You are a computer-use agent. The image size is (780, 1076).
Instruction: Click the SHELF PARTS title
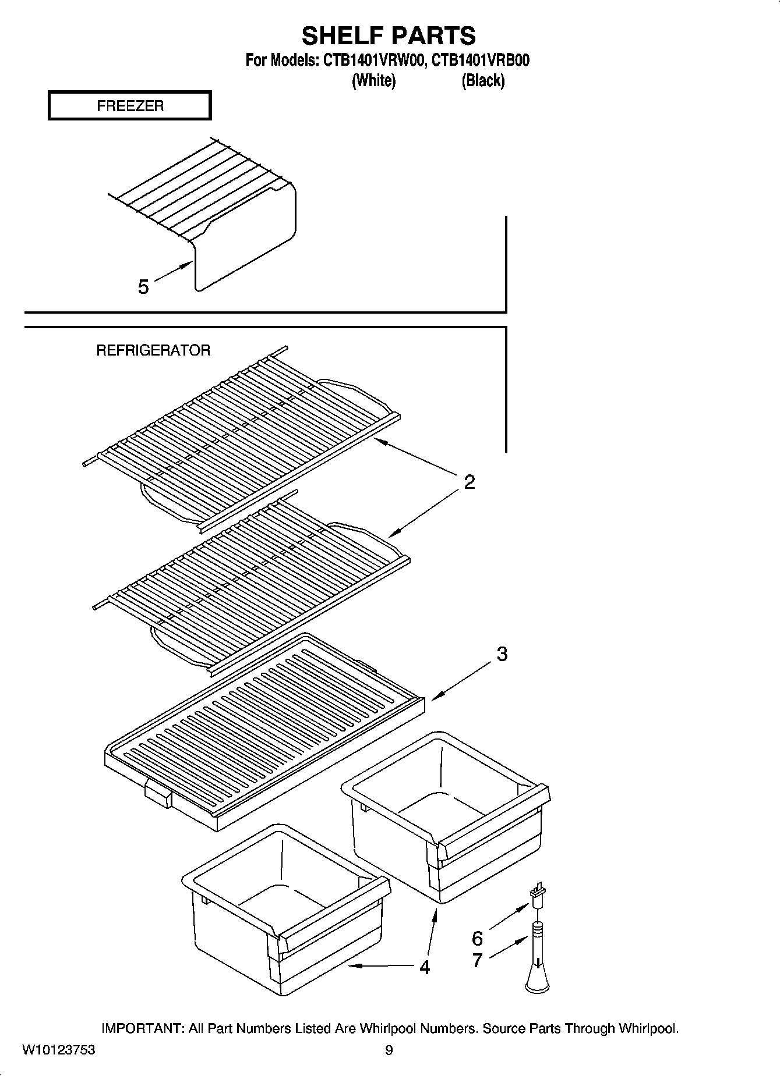click(x=389, y=36)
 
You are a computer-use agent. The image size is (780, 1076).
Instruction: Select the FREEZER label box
click(x=130, y=106)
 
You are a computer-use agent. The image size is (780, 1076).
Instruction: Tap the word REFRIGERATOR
click(x=153, y=350)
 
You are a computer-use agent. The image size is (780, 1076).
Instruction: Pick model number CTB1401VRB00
click(x=481, y=61)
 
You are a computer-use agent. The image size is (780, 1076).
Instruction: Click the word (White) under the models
click(x=373, y=80)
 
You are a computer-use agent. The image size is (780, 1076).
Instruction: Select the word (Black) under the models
click(x=483, y=80)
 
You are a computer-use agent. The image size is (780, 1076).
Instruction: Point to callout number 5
click(x=143, y=286)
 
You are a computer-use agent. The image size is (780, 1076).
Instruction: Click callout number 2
click(x=470, y=482)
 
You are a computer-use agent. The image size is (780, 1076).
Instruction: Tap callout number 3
click(x=502, y=654)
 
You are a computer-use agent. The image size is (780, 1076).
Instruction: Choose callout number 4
click(x=425, y=967)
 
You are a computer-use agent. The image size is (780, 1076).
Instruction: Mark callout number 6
click(x=477, y=938)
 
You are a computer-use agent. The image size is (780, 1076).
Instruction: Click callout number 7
click(x=477, y=960)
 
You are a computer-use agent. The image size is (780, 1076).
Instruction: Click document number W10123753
click(x=58, y=1050)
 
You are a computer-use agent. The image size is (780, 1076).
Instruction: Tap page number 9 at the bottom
click(x=389, y=1050)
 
